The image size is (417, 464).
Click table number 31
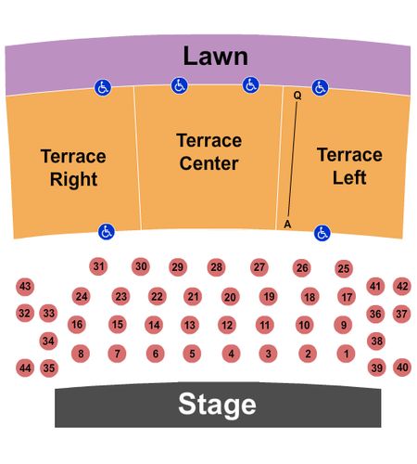[x=98, y=266]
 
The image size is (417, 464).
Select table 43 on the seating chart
[x=25, y=287]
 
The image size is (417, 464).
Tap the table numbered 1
[x=347, y=354]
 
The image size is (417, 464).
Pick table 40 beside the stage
[x=402, y=367]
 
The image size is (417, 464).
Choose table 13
[x=190, y=325]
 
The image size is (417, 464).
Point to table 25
[x=344, y=268]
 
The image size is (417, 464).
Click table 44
[x=25, y=368]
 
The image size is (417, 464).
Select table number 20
[x=231, y=297]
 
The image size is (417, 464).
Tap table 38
[x=376, y=341]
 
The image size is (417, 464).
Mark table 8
[x=81, y=354]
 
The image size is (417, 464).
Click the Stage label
[x=217, y=406]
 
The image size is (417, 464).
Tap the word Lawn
[x=216, y=56]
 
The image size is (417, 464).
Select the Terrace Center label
[x=209, y=152]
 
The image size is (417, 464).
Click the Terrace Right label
[x=73, y=168]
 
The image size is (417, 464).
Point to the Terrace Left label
[x=349, y=166]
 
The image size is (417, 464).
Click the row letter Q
[x=297, y=96]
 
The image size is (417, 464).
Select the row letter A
[x=287, y=224]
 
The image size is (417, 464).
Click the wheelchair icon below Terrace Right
[x=107, y=232]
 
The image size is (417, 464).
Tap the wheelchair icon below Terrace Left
[x=322, y=233]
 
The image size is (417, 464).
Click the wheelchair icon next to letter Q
[x=320, y=88]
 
